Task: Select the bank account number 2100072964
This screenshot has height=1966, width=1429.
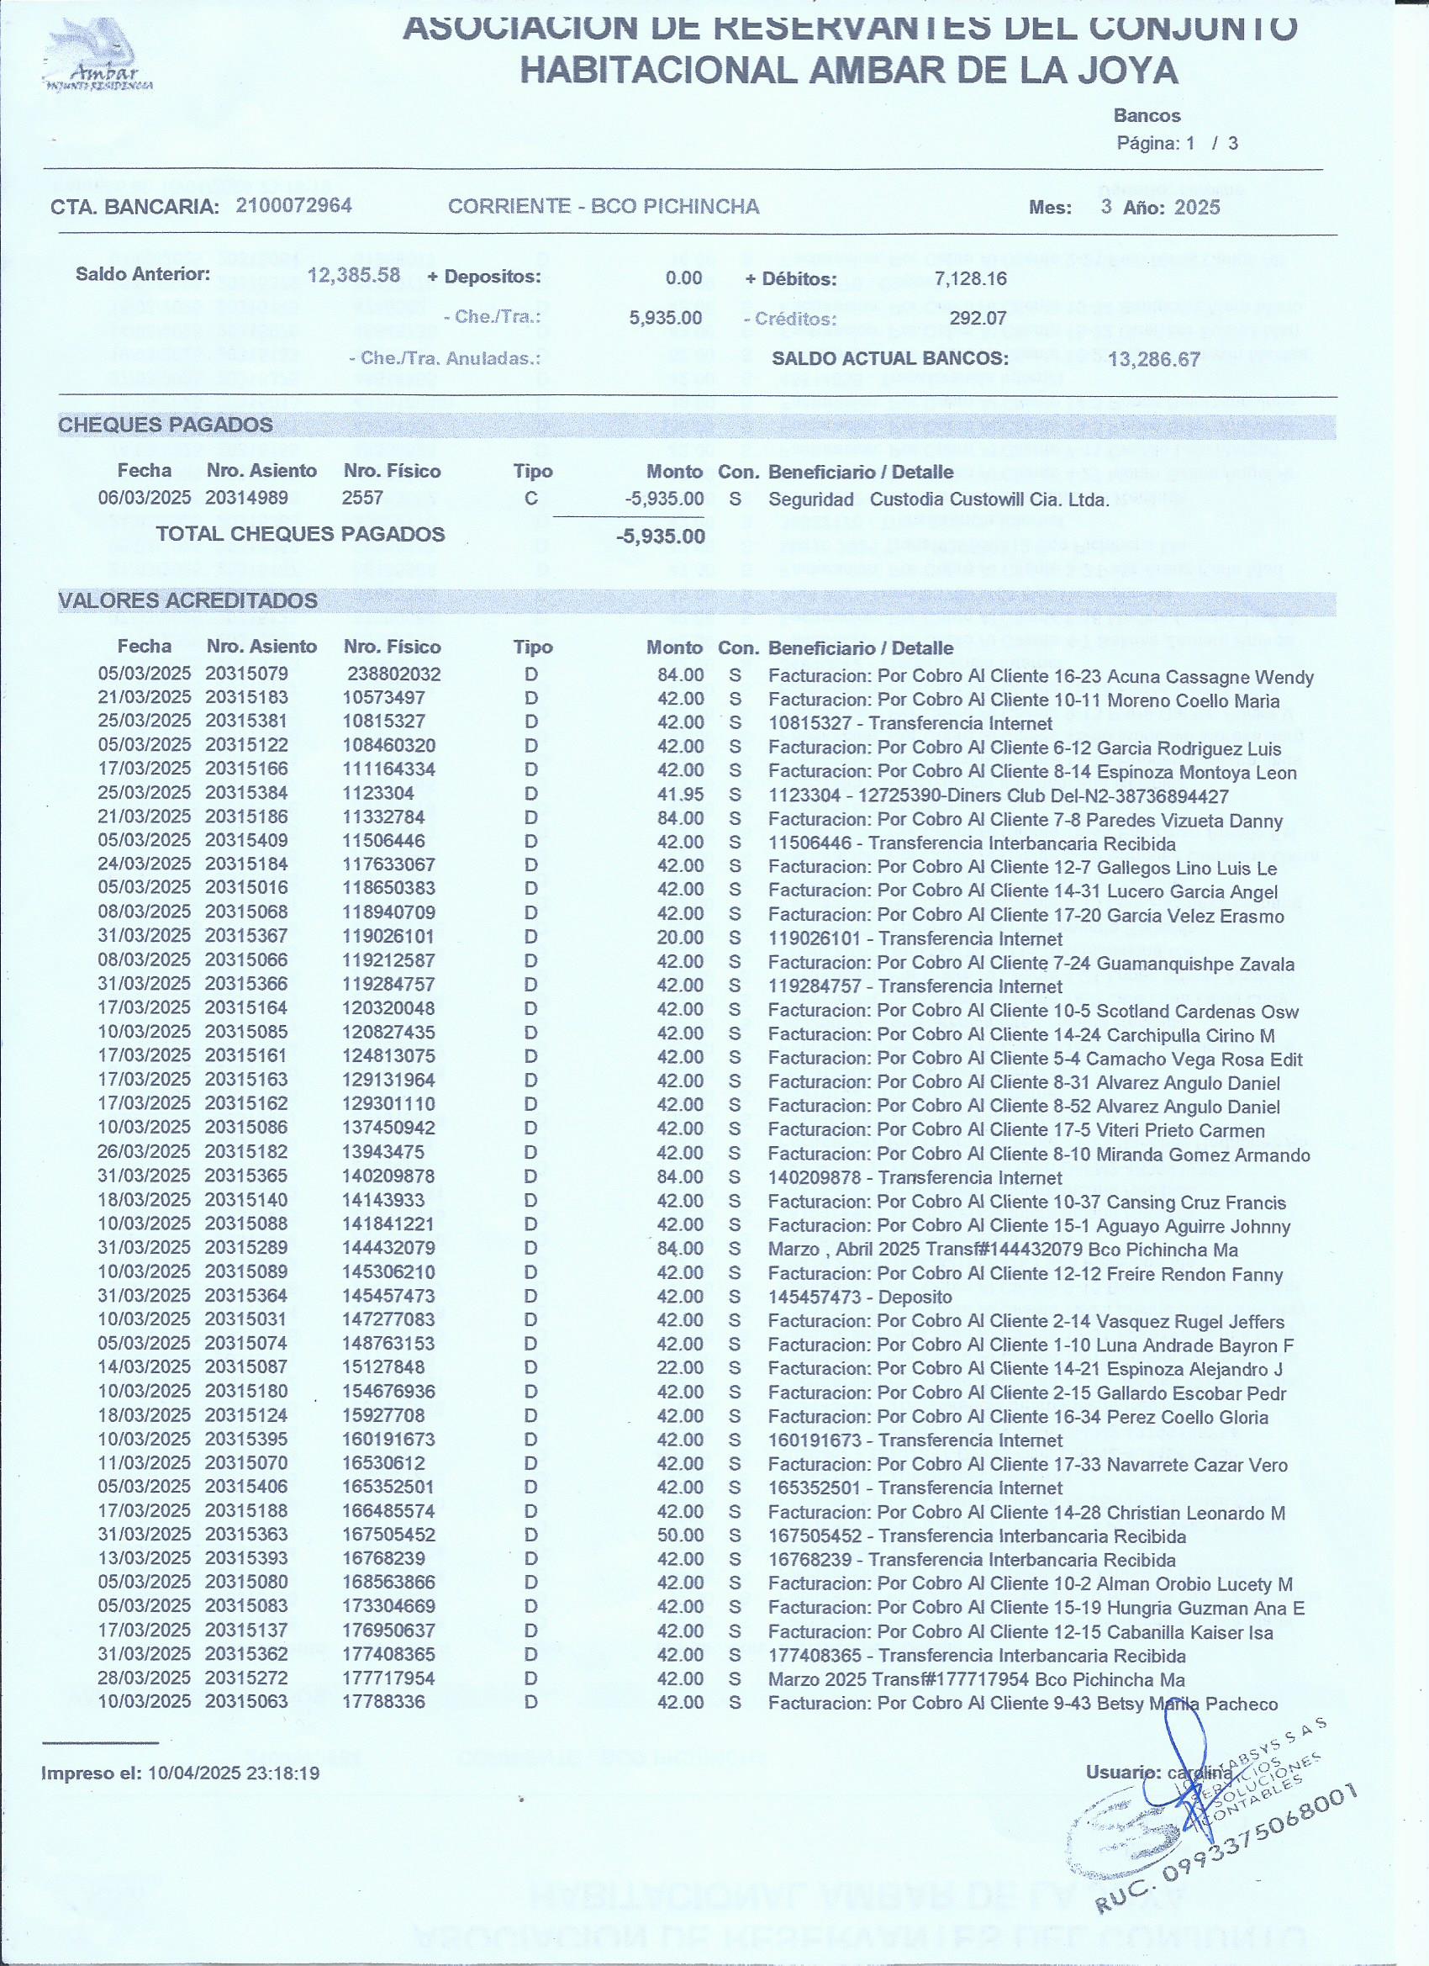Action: [x=293, y=205]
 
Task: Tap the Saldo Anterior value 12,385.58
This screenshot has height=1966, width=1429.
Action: [x=354, y=276]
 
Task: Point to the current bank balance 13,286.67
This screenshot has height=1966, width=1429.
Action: [x=1153, y=359]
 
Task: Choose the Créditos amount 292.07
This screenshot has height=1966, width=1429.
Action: [x=978, y=318]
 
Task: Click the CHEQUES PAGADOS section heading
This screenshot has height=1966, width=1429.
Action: [x=165, y=425]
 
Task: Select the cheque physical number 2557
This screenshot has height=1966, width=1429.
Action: [x=362, y=499]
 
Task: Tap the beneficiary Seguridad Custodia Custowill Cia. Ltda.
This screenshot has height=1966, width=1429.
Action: [x=937, y=500]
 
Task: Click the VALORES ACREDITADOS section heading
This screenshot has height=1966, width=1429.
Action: [x=187, y=600]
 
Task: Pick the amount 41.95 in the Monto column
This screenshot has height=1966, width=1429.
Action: [x=680, y=794]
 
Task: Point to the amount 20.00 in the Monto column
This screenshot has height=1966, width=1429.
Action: [x=680, y=937]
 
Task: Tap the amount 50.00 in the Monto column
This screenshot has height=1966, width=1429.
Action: [x=680, y=1535]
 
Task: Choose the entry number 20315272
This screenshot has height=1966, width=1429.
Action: [x=246, y=1678]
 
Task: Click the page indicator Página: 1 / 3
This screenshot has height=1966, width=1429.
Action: [x=1177, y=143]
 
